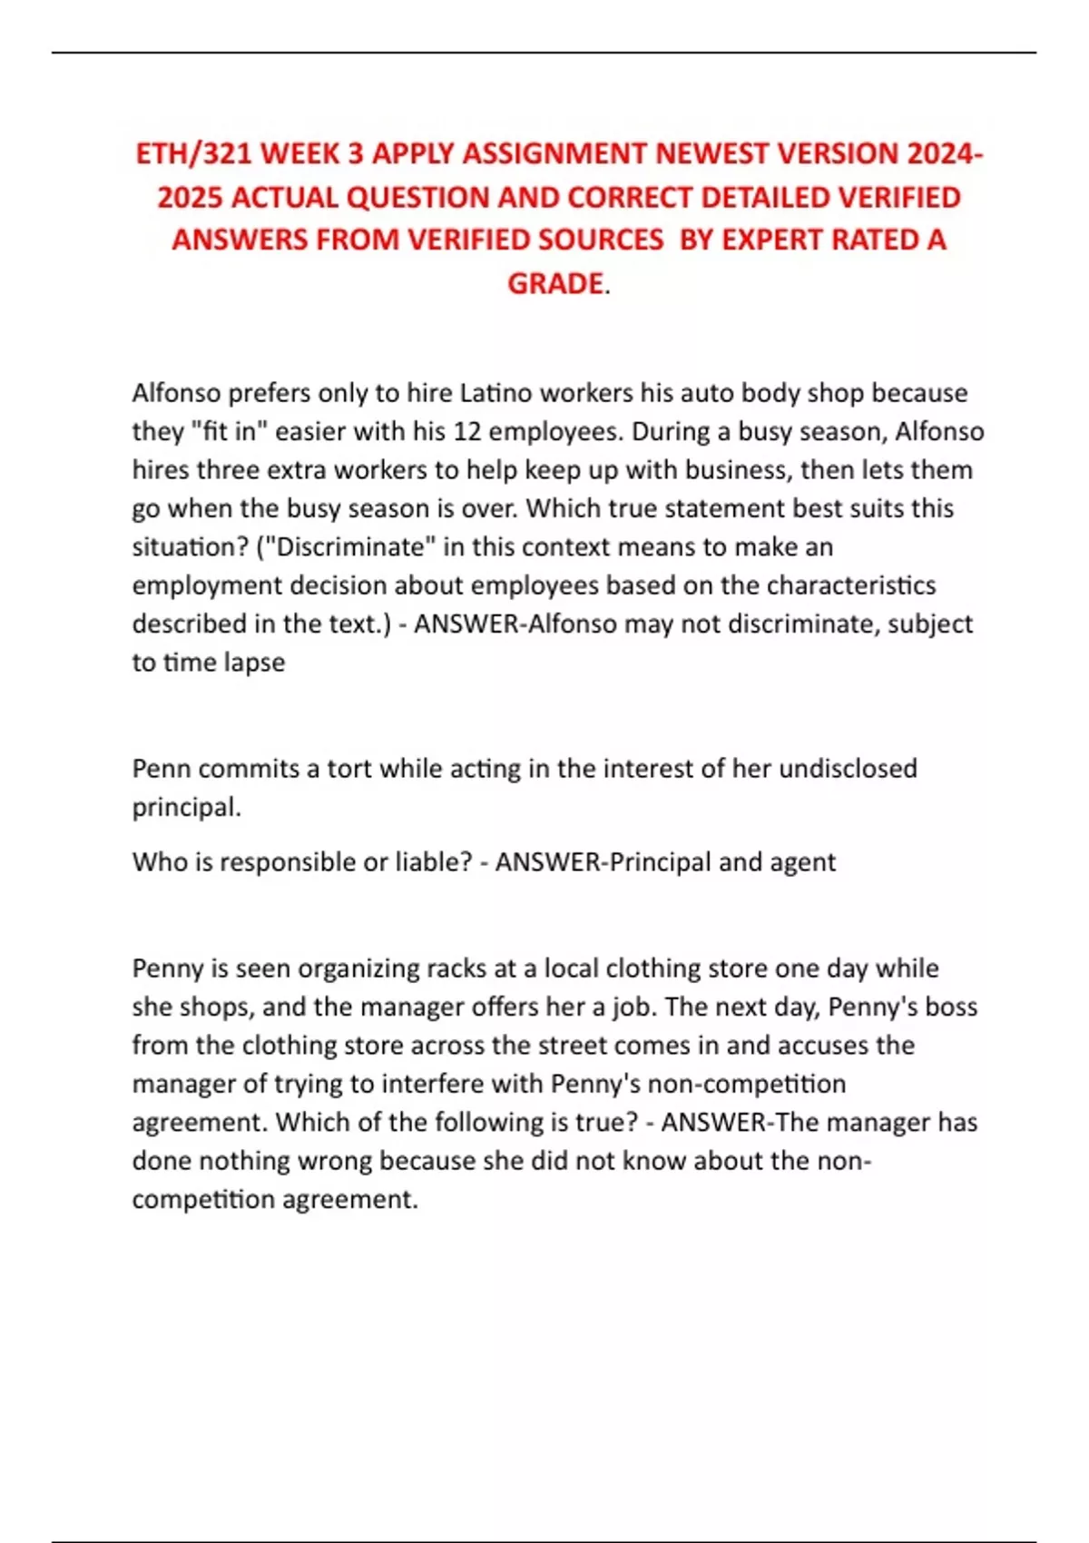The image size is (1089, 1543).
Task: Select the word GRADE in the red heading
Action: [x=554, y=284]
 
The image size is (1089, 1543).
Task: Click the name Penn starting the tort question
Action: [x=161, y=769]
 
